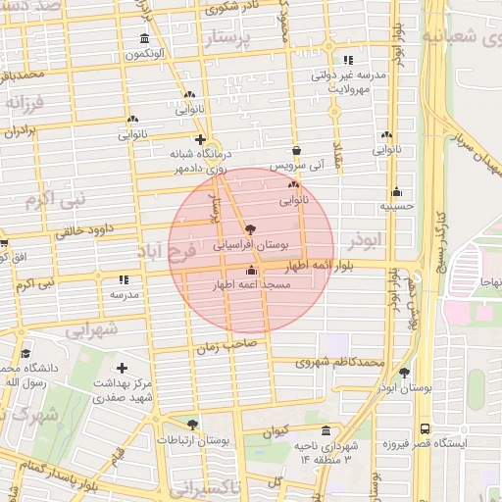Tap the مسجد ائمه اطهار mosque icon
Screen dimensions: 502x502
coord(252,270)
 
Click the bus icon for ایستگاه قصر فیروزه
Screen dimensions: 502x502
coord(424,429)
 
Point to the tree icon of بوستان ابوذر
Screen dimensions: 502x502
coord(404,373)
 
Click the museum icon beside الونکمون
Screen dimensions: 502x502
coord(145,39)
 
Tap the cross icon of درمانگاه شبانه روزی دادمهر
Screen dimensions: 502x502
coord(201,140)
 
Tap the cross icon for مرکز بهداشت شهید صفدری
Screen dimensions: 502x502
coord(121,367)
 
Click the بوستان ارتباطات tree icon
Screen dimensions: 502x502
coord(192,425)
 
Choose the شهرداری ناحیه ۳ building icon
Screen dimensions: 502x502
coord(326,430)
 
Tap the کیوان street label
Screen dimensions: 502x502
coord(276,429)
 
